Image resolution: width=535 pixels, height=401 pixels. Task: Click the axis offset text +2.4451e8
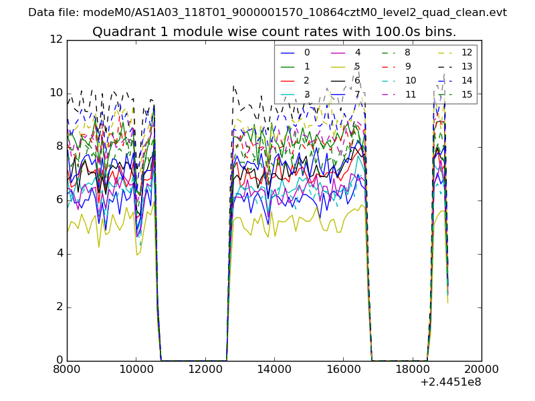pos(451,383)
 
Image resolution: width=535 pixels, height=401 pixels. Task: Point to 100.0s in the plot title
pos(379,32)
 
